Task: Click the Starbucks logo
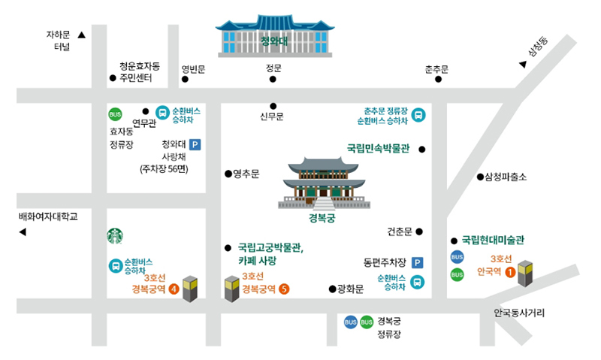pyautogui.click(x=116, y=236)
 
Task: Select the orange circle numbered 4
pyautogui.click(x=174, y=288)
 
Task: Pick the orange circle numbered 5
pyautogui.click(x=283, y=288)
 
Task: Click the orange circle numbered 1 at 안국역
pyautogui.click(x=510, y=271)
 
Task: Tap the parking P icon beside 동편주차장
pyautogui.click(x=417, y=263)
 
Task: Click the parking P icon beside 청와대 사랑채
pyautogui.click(x=195, y=144)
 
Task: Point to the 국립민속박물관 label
pyautogui.click(x=377, y=149)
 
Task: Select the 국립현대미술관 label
pyautogui.click(x=493, y=240)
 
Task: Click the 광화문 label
pyautogui.click(x=350, y=289)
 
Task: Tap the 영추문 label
pyautogui.click(x=246, y=174)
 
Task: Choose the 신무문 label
pyautogui.click(x=272, y=116)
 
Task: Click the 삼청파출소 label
pyautogui.click(x=506, y=177)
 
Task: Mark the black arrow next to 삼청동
pyautogui.click(x=523, y=65)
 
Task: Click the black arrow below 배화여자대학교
pyautogui.click(x=23, y=232)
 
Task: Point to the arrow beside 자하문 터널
pyautogui.click(x=81, y=35)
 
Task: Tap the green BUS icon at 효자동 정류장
pyautogui.click(x=115, y=114)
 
